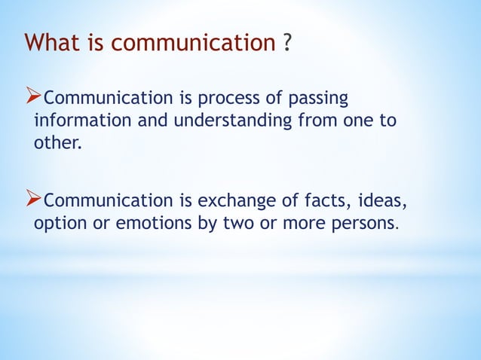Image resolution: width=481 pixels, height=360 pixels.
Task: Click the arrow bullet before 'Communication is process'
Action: click(34, 98)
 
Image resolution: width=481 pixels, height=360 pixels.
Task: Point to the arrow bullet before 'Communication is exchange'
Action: click(34, 200)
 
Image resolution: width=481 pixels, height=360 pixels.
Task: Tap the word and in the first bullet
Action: click(144, 121)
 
